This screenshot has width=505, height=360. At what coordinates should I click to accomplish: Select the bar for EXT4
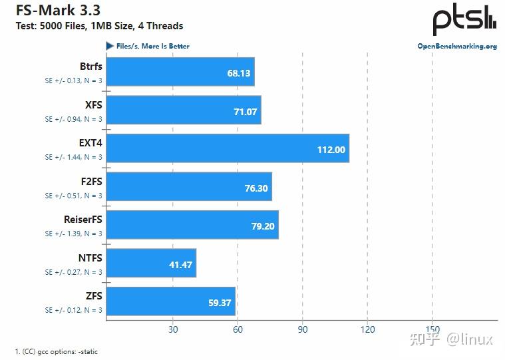(227, 148)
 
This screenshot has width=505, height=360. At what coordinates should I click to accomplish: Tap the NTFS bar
(151, 264)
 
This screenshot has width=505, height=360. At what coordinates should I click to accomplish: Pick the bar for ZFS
(171, 301)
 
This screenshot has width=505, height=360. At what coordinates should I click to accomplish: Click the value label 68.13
(238, 73)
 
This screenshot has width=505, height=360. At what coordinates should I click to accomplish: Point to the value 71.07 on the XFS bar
(245, 111)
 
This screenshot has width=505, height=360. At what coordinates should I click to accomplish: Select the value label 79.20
(263, 226)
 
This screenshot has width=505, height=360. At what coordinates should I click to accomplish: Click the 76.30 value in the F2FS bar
(256, 188)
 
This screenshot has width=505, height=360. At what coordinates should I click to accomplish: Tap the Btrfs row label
(90, 67)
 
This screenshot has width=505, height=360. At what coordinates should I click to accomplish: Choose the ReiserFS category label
(83, 220)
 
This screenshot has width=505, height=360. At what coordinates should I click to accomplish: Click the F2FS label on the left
(90, 182)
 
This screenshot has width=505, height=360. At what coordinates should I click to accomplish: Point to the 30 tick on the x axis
(172, 329)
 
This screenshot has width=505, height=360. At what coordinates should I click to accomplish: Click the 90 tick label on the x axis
(302, 329)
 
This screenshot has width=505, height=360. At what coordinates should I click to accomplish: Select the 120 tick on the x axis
(367, 329)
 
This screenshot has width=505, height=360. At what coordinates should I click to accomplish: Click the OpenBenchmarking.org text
(456, 47)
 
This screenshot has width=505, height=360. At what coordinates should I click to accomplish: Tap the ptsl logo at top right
(464, 20)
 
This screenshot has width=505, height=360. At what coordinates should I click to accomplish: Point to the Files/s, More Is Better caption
(152, 46)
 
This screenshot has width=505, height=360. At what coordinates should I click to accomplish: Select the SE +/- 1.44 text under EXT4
(73, 157)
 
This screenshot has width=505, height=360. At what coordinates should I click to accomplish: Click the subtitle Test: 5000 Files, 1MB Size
(99, 26)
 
